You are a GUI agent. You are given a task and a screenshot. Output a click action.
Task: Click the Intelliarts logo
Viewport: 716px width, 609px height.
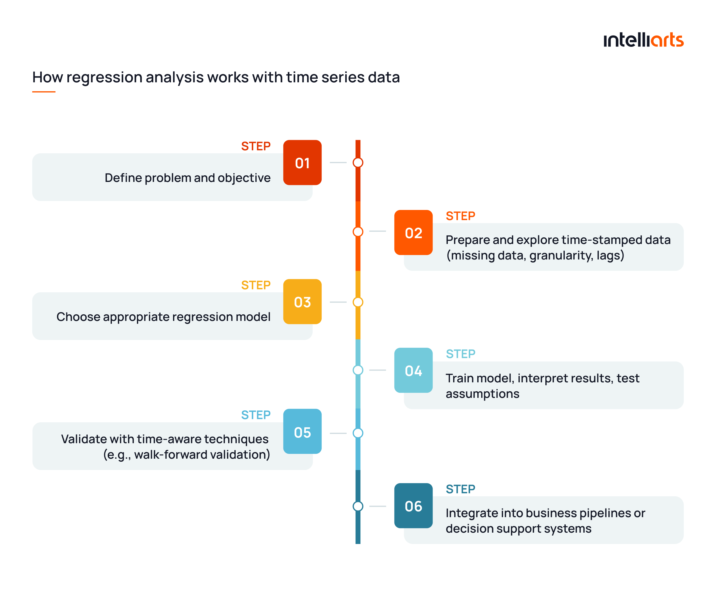tap(643, 40)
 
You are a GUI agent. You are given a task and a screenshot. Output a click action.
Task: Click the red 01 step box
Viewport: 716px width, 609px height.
tap(302, 162)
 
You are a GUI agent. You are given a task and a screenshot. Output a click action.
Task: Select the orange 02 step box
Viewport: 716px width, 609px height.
tap(413, 232)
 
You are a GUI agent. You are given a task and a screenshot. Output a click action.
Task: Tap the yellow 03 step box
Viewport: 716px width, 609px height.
tap(302, 302)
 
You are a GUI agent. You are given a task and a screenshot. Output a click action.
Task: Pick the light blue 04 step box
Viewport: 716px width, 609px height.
tap(413, 370)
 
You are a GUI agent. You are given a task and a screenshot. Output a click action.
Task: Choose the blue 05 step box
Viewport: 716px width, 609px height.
tap(302, 431)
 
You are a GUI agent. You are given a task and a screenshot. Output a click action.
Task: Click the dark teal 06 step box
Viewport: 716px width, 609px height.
tap(413, 506)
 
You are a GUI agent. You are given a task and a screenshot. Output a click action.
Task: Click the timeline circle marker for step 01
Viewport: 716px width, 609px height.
tap(358, 162)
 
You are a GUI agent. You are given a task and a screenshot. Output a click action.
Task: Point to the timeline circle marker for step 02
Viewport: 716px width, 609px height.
tap(358, 232)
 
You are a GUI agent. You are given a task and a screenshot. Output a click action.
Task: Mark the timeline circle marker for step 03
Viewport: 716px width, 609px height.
tap(358, 302)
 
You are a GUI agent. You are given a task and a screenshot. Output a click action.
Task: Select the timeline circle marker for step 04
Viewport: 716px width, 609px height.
tap(358, 370)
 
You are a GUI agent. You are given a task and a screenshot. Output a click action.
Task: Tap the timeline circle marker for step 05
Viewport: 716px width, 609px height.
tap(358, 433)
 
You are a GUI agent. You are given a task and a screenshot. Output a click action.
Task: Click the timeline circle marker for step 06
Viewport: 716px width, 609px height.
tap(358, 506)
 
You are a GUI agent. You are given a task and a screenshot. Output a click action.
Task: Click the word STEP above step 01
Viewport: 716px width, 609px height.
tap(256, 146)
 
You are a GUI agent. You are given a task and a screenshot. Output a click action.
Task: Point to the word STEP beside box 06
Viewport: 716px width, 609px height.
tap(460, 489)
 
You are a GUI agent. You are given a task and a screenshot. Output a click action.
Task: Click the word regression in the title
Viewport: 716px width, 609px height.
tap(104, 77)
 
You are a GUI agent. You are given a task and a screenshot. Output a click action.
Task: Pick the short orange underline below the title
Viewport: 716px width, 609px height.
tap(44, 92)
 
